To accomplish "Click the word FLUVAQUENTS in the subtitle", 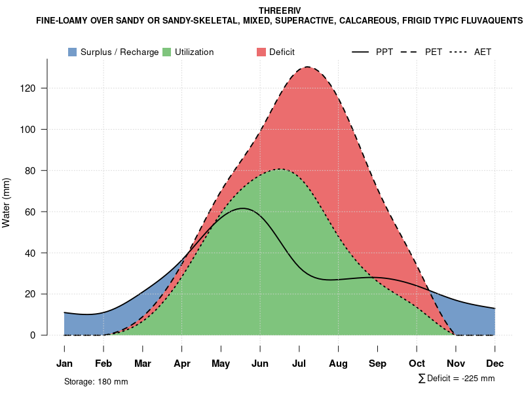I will pos(489,21).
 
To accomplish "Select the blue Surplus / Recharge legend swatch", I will pos(73,52).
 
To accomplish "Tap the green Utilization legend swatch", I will pos(167,52).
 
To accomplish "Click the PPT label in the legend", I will pos(384,52).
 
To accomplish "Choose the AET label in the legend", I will pos(483,52).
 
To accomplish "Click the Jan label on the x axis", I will pos(64,364).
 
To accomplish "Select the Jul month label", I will pos(299,364).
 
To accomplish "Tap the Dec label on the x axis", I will pos(495,364).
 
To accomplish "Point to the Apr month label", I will pos(182,364).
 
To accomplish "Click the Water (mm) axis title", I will pos(7,202).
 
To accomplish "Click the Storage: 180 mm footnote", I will pos(96,381).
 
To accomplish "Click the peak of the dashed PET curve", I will pos(307,67).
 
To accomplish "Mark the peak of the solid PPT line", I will pos(242,208).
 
